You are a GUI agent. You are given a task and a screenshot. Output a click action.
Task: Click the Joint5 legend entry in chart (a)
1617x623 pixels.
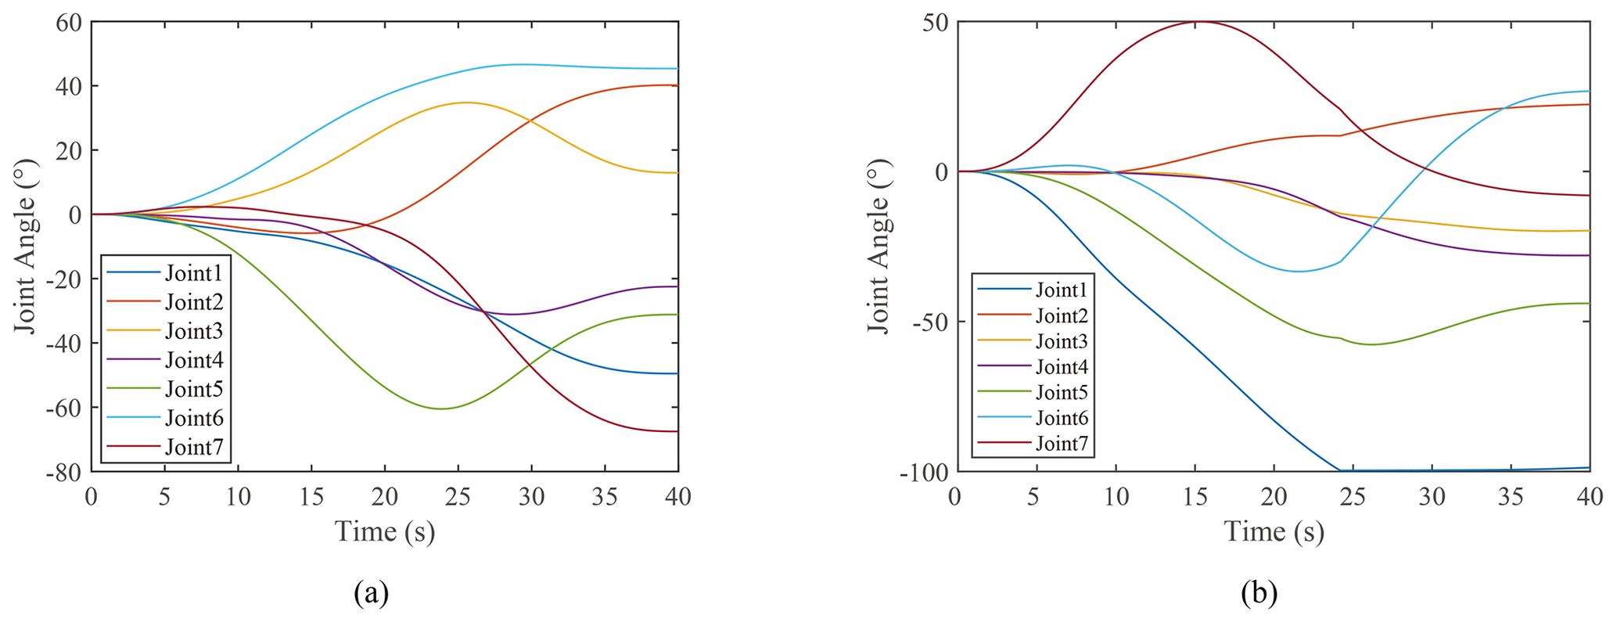click(193, 389)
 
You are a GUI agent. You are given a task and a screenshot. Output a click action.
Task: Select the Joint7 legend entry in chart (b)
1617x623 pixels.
click(1062, 444)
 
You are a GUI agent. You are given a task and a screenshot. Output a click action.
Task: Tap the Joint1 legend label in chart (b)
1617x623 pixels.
click(1062, 290)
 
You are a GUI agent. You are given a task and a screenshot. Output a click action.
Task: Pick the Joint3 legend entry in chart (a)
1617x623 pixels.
click(193, 331)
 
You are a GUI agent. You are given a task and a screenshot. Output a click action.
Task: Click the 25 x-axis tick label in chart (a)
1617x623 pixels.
click(458, 497)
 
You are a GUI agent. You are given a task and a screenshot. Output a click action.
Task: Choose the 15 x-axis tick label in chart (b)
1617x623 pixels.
click(1195, 497)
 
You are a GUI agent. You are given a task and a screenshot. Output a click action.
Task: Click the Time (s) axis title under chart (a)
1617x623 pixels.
click(385, 532)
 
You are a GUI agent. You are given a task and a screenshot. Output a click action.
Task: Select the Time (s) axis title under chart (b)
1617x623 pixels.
click(1274, 532)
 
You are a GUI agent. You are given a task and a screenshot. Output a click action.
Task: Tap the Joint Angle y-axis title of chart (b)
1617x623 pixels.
click(880, 247)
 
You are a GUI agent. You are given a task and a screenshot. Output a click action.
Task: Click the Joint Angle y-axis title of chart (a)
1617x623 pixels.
click(26, 247)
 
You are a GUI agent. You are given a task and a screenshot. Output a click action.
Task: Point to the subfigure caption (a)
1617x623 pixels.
click(371, 593)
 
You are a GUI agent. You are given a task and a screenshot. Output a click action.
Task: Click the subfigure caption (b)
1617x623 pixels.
click(1259, 593)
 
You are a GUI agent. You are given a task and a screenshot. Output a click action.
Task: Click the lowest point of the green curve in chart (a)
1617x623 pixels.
click(441, 409)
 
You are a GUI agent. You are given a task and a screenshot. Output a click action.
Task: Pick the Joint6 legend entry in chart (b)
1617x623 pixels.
click(1062, 418)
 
